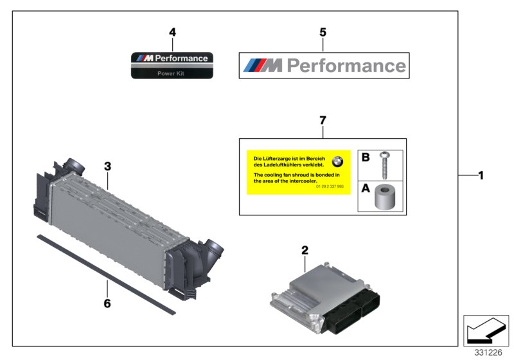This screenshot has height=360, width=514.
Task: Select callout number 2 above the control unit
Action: pyautogui.click(x=305, y=250)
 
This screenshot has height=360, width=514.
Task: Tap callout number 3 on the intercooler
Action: pyautogui.click(x=108, y=166)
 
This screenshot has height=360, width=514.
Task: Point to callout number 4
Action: pyautogui.click(x=172, y=32)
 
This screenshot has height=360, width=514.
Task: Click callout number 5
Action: pyautogui.click(x=323, y=32)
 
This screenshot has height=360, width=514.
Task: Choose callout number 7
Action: pyautogui.click(x=323, y=120)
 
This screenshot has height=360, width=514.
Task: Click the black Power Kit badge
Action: pyautogui.click(x=171, y=66)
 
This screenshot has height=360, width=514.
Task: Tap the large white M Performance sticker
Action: pyautogui.click(x=323, y=65)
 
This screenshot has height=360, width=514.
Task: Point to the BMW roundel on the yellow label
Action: pyautogui.click(x=338, y=162)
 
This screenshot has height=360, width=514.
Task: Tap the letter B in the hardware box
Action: pyautogui.click(x=366, y=157)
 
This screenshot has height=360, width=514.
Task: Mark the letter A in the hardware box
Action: pyautogui.click(x=366, y=189)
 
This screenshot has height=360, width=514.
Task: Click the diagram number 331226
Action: pyautogui.click(x=489, y=352)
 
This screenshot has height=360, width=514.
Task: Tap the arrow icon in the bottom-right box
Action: pyautogui.click(x=484, y=330)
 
